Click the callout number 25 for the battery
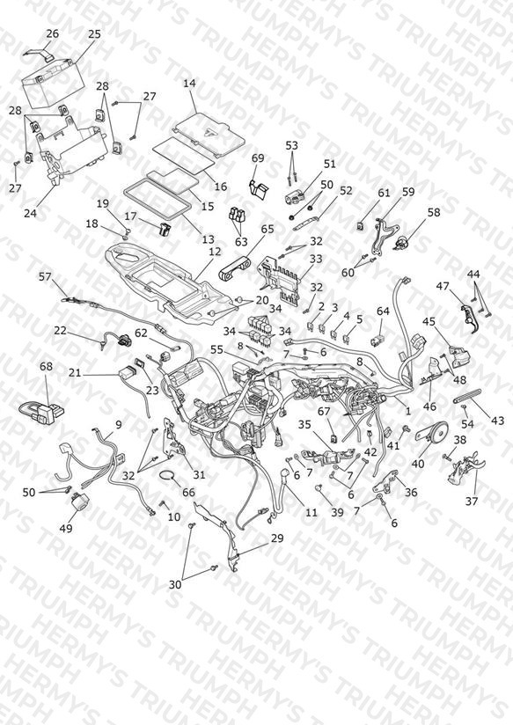click(x=94, y=34)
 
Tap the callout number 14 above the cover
click(x=189, y=84)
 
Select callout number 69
click(x=258, y=158)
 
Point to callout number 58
click(x=434, y=213)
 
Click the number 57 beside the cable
click(x=45, y=276)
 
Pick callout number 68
click(x=46, y=367)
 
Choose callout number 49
click(x=66, y=528)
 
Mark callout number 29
click(x=277, y=538)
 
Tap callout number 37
click(x=472, y=501)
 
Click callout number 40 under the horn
click(x=418, y=464)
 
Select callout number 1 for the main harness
click(x=407, y=411)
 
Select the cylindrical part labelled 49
click(x=78, y=502)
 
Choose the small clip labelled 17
click(x=164, y=230)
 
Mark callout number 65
click(x=267, y=229)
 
